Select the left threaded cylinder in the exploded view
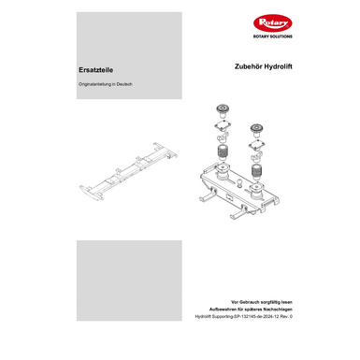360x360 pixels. pos(224,152)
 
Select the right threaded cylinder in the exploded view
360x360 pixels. pos(256,169)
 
